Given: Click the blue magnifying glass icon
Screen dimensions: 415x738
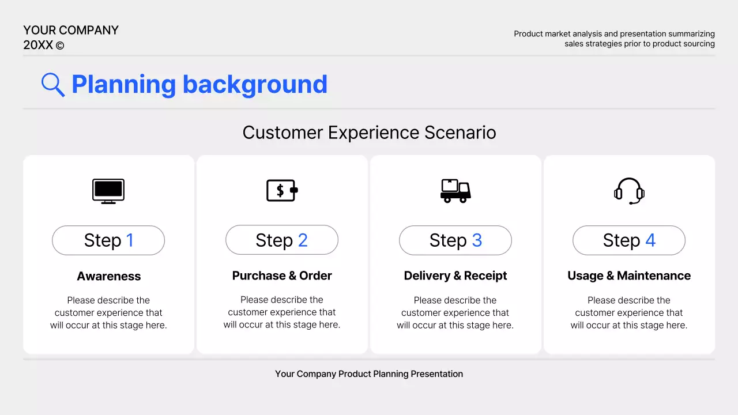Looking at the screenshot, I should pos(52,85).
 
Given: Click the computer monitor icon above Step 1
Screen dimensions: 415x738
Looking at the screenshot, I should pos(108,191).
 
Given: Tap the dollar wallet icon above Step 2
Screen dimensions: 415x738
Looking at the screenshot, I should pos(282,190).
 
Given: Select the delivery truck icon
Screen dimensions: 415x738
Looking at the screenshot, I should pos(455,191).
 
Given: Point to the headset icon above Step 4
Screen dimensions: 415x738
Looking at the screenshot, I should pos(629,191).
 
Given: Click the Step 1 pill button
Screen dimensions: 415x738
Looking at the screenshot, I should pos(108,240).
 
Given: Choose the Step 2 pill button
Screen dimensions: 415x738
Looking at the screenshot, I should pos(282,240).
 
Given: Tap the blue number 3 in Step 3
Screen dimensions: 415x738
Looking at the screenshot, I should pos(477,240).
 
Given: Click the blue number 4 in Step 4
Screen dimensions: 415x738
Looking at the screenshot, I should pos(650,240).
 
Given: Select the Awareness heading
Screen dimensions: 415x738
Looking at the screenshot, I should pos(108,276).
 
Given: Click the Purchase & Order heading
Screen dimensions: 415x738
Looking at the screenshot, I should pos(282,276).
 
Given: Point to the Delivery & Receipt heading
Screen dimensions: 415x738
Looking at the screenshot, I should pos(455,276).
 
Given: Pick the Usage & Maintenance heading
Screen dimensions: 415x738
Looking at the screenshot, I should pos(629,276).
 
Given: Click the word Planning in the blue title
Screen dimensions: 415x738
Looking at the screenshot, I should pos(123,85).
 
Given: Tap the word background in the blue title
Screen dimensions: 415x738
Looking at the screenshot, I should pos(255,85).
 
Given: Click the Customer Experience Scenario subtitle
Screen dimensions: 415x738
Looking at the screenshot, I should pos(369,133).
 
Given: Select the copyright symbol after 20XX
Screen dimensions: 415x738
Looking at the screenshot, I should pos(60,46).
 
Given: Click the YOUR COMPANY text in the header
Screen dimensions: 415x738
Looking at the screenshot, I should pos(71,31).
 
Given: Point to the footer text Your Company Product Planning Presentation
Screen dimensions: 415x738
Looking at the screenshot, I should pos(369,374).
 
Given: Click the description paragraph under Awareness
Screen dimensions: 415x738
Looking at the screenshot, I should pos(108,312).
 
